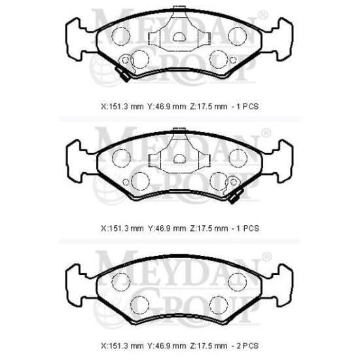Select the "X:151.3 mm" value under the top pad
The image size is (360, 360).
pyautogui.click(x=122, y=107)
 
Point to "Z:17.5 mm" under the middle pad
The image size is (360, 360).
pyautogui.click(x=209, y=228)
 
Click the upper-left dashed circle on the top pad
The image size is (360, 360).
pyautogui.click(x=121, y=36)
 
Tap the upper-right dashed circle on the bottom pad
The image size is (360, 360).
pyautogui.click(x=238, y=281)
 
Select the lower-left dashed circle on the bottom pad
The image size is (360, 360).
pyautogui.click(x=140, y=305)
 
